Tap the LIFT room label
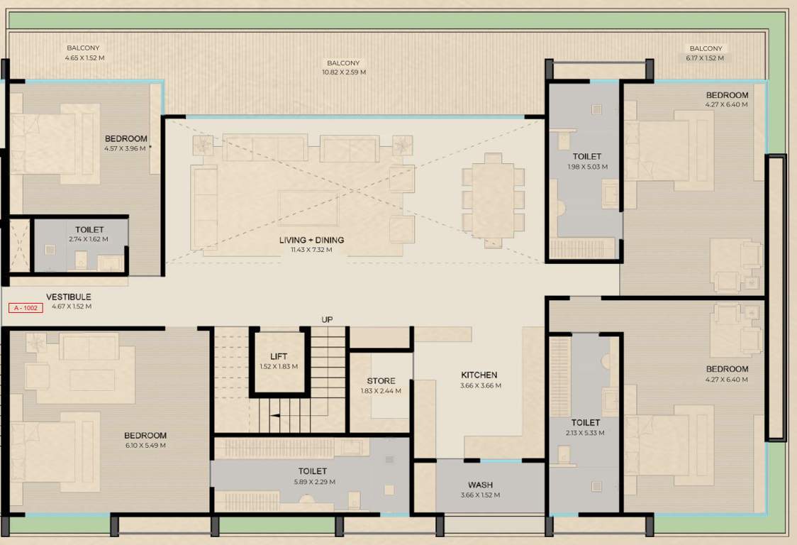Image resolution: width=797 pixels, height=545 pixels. [x=279, y=357]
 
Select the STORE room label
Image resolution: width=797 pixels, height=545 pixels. [x=381, y=381]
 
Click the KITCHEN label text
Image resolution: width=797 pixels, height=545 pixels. [x=479, y=375]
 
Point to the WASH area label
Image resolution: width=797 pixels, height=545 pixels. [x=480, y=485]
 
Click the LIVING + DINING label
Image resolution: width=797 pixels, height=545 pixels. [x=312, y=240]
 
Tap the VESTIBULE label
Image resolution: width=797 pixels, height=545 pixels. [x=69, y=297]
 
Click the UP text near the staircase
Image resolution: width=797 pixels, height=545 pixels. [x=326, y=319]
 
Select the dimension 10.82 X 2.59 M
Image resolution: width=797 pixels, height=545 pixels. [x=344, y=72]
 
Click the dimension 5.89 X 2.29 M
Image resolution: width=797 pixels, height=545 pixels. [x=313, y=481]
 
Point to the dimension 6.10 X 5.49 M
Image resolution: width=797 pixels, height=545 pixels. [x=145, y=446]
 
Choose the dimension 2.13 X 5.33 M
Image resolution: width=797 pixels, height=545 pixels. [x=586, y=432]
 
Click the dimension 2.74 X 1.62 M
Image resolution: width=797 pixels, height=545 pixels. [x=89, y=239]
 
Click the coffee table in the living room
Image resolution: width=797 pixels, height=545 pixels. [x=308, y=208]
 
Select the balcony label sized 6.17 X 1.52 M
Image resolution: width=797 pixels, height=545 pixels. [x=706, y=58]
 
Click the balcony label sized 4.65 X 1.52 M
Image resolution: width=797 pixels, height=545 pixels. [x=84, y=57]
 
